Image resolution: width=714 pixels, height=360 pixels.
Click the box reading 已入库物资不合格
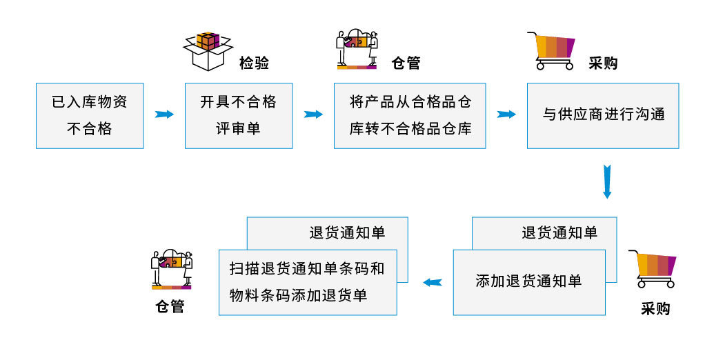[x=90, y=115]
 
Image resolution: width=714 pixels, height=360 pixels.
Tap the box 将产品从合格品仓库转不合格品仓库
[x=410, y=115]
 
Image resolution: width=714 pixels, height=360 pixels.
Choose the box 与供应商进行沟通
[x=603, y=115]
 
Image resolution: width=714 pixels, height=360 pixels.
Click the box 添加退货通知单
[x=528, y=281]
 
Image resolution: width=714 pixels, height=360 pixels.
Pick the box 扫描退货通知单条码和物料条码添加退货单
[x=308, y=281]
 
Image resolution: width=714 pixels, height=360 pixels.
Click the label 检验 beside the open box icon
[x=254, y=63]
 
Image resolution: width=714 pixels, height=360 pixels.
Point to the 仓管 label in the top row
[x=405, y=63]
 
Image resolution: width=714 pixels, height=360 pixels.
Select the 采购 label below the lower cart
[x=655, y=308]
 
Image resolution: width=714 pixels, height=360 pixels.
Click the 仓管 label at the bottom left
[x=170, y=306]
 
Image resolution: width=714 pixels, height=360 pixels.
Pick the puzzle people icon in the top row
[x=357, y=49]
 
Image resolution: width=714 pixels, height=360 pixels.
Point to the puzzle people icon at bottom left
[x=171, y=269]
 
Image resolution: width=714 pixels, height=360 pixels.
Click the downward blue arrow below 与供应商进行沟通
[x=607, y=181]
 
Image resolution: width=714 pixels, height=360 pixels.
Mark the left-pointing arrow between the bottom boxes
[x=432, y=281]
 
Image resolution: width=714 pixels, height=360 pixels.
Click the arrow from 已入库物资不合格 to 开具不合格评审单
[x=164, y=114]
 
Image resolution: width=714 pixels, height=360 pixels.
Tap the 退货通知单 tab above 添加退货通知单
[x=559, y=232]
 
